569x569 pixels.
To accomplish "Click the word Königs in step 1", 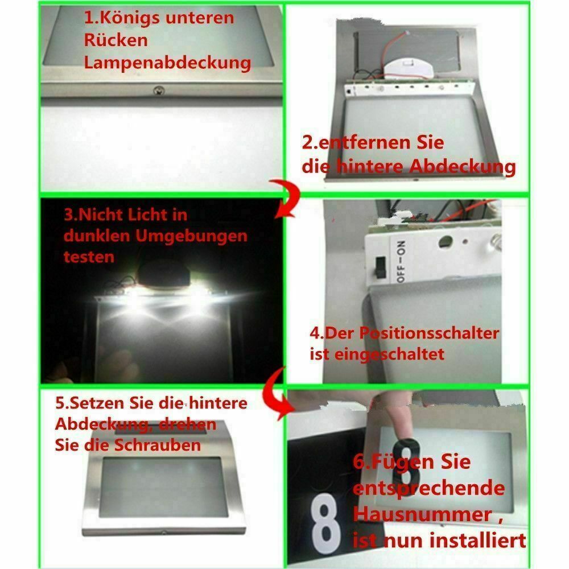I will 140,18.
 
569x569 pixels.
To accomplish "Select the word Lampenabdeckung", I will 167,63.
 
